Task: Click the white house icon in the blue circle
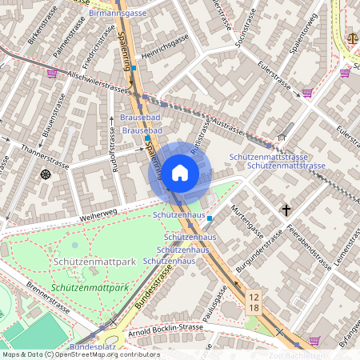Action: [x=180, y=172]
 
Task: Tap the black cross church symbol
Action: [x=286, y=210]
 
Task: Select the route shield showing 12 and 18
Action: [x=253, y=302]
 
